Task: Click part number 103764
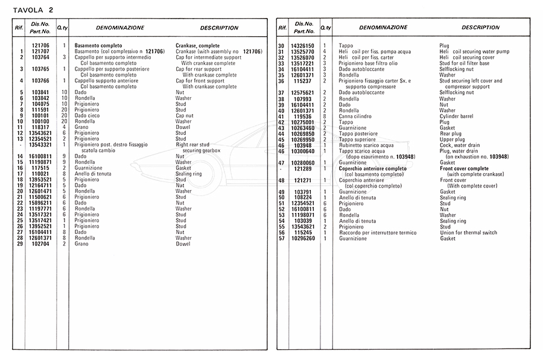(x=40, y=57)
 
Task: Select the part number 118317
(x=40, y=127)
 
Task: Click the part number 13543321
(x=40, y=145)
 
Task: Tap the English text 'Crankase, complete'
(x=197, y=46)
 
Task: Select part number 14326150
(x=302, y=46)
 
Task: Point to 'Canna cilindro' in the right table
(x=356, y=116)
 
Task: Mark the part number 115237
(x=302, y=81)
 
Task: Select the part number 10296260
(x=302, y=238)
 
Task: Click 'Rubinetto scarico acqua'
(x=366, y=145)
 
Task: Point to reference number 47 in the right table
(x=281, y=162)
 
